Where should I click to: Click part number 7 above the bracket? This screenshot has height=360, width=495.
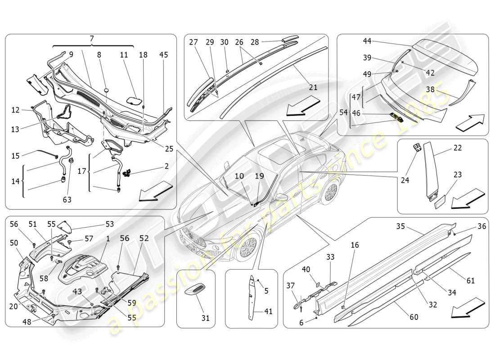click(x=92, y=39)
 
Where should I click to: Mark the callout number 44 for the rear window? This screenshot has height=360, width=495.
click(x=367, y=41)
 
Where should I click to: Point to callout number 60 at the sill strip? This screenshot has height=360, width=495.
click(x=414, y=317)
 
